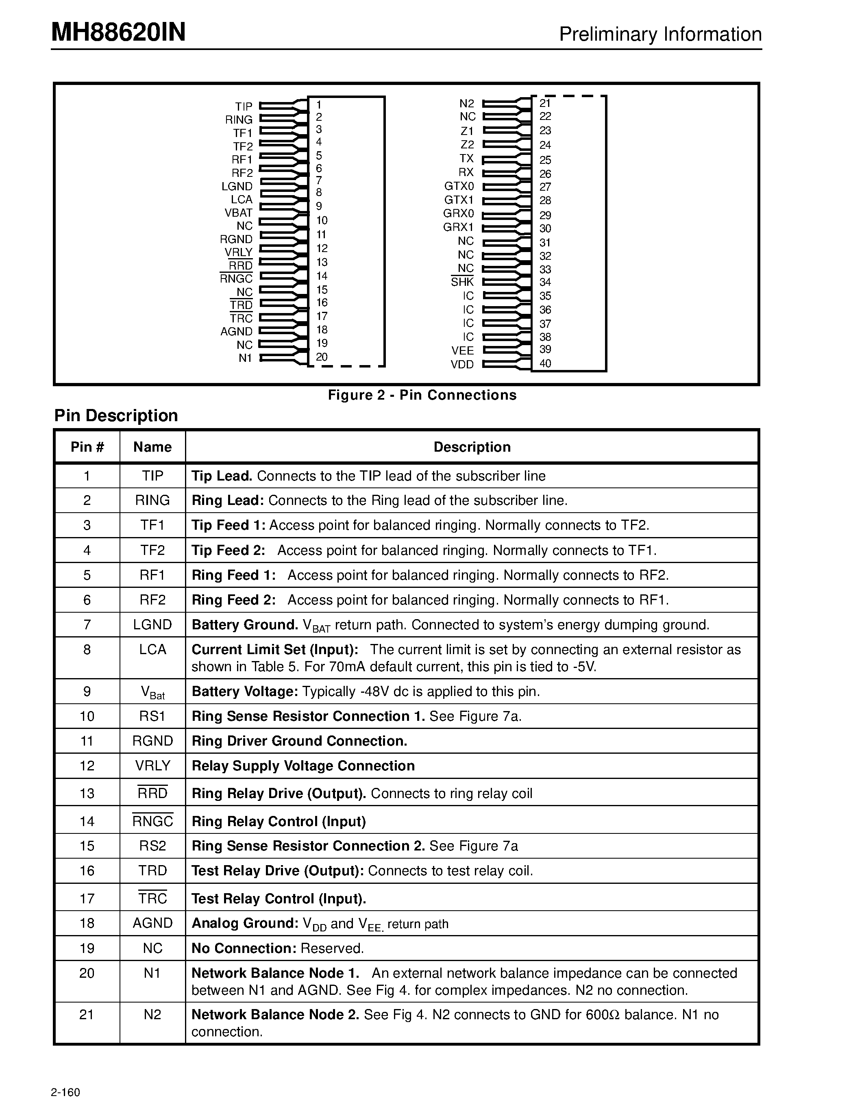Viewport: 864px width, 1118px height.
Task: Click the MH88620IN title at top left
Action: tap(118, 33)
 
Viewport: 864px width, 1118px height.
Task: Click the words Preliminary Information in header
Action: tap(660, 34)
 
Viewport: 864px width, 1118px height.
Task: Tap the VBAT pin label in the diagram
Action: tap(239, 213)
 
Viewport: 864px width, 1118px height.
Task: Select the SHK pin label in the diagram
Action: tap(462, 282)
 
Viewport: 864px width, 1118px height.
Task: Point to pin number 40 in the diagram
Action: tap(545, 363)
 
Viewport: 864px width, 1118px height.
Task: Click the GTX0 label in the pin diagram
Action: tap(459, 186)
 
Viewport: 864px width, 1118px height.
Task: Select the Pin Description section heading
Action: tap(116, 415)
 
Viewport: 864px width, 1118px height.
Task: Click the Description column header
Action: tap(472, 447)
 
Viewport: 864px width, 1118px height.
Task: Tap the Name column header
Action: tap(152, 447)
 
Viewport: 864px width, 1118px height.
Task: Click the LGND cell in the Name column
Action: tap(152, 624)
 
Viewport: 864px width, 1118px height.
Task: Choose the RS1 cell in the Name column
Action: tap(152, 716)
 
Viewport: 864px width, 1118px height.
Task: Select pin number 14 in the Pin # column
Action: tap(87, 822)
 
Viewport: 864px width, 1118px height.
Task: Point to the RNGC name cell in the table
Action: tap(152, 822)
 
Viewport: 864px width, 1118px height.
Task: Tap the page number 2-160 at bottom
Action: tap(65, 1092)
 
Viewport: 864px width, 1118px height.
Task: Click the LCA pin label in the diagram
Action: tap(241, 200)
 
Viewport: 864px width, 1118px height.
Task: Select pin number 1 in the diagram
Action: tap(318, 104)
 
